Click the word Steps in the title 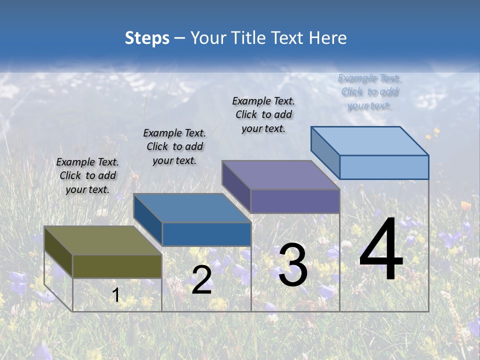click(147, 38)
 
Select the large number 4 click(381, 250)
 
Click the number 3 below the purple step click(293, 265)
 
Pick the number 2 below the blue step click(201, 280)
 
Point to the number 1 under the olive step click(116, 295)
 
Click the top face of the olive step click(103, 240)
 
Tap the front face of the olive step click(117, 266)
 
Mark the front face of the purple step click(295, 201)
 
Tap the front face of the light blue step click(384, 167)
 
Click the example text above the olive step click(87, 175)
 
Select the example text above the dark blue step click(174, 146)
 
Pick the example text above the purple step click(263, 114)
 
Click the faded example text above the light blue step click(369, 91)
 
